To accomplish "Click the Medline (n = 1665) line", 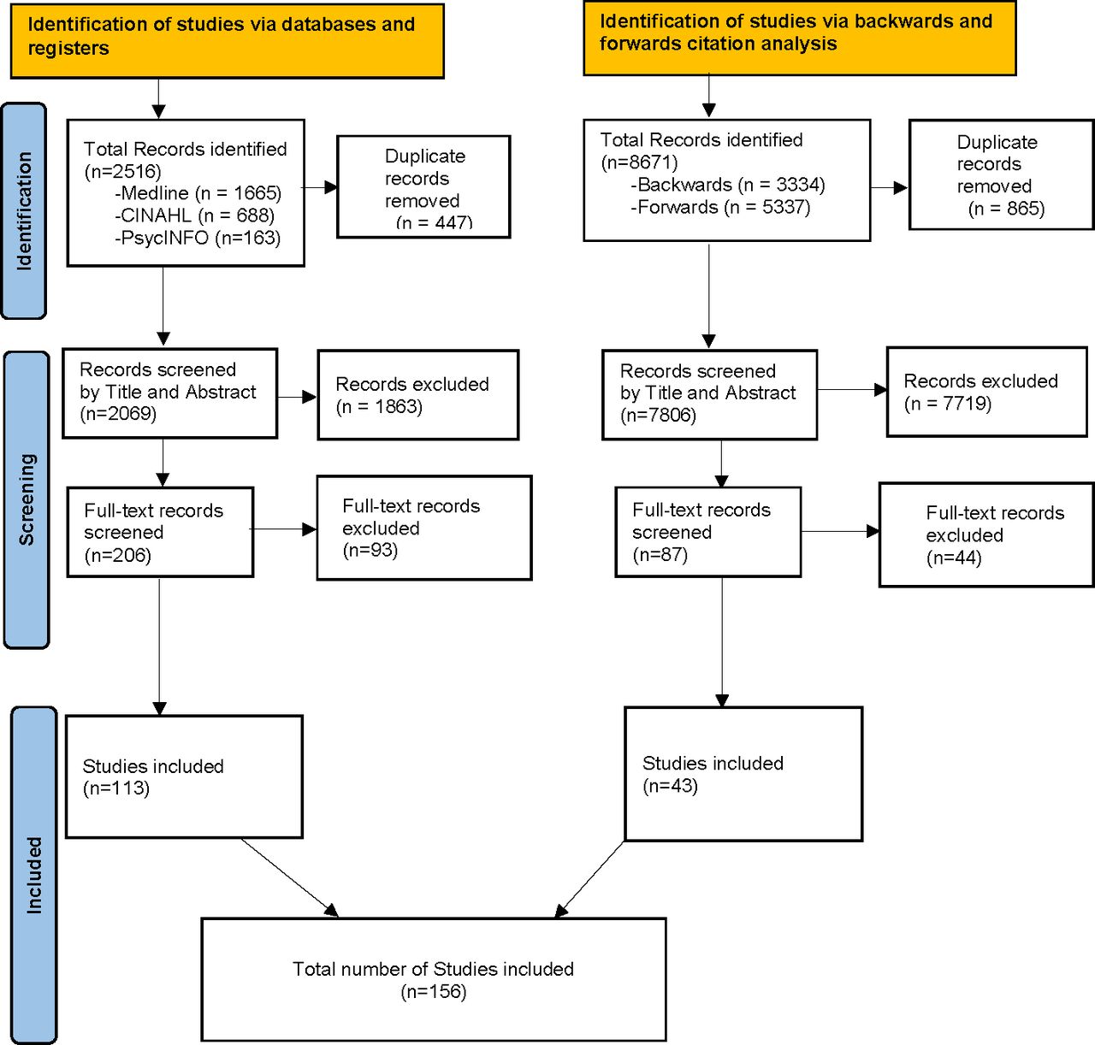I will [x=198, y=193].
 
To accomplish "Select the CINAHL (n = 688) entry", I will [x=194, y=215].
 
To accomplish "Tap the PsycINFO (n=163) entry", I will [x=198, y=238].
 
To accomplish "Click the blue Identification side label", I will [x=24, y=211].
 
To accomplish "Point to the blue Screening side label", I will [x=27, y=499].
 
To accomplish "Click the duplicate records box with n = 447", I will [x=423, y=187].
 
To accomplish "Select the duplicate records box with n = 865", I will [x=1000, y=175].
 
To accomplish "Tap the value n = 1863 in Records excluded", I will [x=379, y=407].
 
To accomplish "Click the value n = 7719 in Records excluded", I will [x=948, y=404].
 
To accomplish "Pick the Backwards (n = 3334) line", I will [x=727, y=185].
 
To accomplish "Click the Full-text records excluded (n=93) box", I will [x=423, y=528].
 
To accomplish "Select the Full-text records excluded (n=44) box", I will [x=985, y=535].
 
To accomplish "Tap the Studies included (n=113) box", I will [x=184, y=776].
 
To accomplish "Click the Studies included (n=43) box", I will [x=743, y=774].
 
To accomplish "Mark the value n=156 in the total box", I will [x=434, y=992].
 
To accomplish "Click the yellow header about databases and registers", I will [x=227, y=41].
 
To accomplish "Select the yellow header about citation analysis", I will [x=799, y=38].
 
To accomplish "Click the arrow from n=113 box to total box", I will [x=289, y=877].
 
